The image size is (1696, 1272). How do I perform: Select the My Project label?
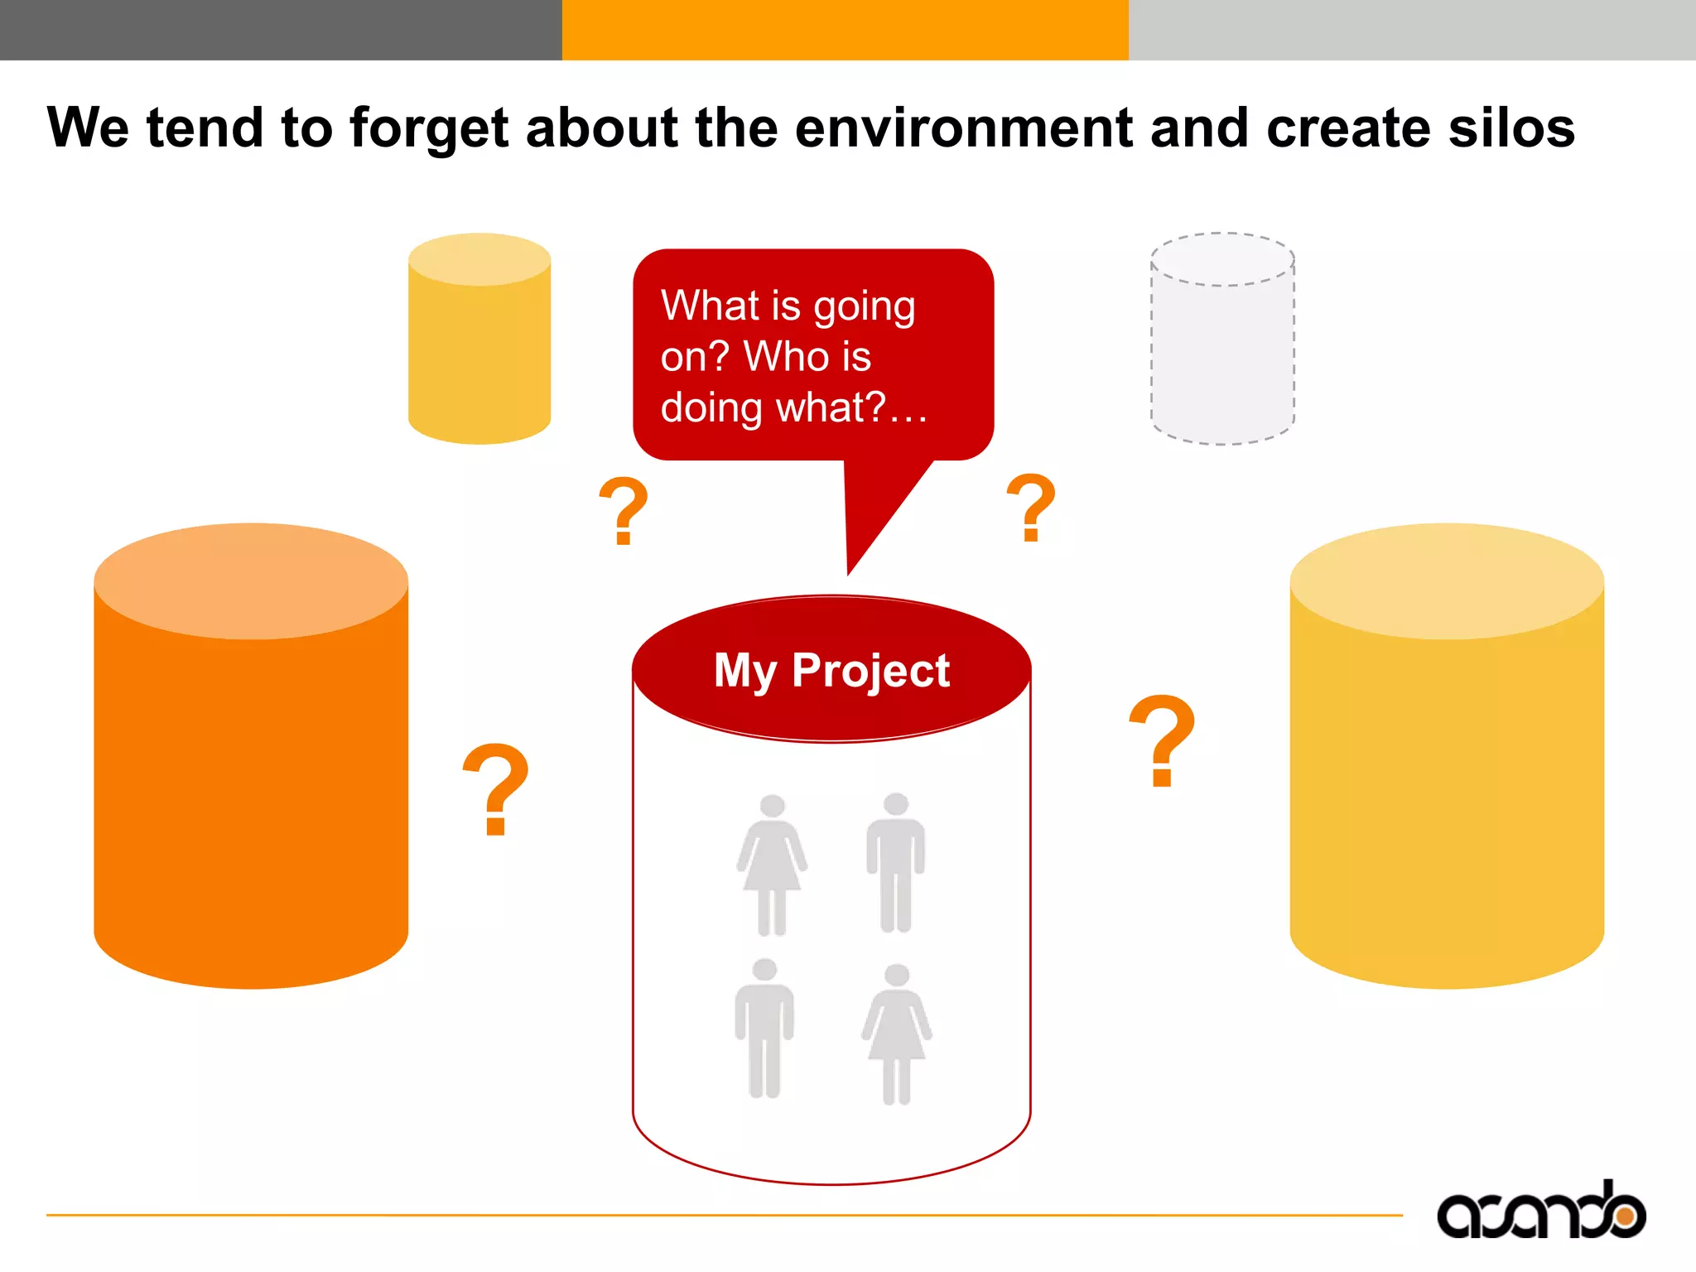click(x=831, y=670)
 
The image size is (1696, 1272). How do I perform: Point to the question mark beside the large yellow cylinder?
click(x=1163, y=739)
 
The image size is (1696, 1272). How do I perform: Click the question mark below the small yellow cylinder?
click(x=624, y=510)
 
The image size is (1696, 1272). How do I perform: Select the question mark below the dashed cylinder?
click(x=1031, y=507)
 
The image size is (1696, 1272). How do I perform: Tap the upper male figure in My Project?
click(x=895, y=861)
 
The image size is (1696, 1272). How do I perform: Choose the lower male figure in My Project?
click(x=764, y=1027)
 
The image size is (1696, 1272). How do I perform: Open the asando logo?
click(x=1541, y=1212)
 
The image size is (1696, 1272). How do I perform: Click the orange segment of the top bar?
click(x=845, y=30)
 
